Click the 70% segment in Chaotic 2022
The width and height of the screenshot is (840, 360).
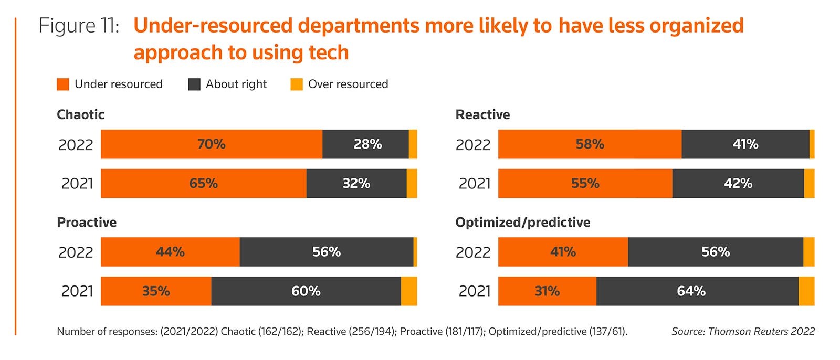click(x=212, y=144)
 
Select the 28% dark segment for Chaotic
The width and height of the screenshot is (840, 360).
click(x=365, y=144)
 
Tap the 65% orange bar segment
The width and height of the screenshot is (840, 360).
click(x=204, y=183)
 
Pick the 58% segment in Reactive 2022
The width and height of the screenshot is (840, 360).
click(x=590, y=144)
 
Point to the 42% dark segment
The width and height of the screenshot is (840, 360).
click(x=738, y=183)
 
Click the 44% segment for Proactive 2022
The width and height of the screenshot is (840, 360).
click(x=170, y=251)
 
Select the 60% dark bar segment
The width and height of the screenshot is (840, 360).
click(x=306, y=291)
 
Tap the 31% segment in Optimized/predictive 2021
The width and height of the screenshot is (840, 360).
click(x=547, y=291)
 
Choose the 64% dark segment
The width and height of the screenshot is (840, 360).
click(x=698, y=291)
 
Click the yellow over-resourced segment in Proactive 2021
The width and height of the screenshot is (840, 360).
click(x=409, y=291)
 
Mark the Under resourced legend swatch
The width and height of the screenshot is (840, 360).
click(x=63, y=84)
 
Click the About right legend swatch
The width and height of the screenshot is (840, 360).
click(x=194, y=84)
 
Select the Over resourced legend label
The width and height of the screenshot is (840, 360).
click(x=348, y=84)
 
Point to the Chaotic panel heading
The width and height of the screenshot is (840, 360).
click(x=81, y=114)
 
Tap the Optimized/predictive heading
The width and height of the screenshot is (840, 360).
click(x=523, y=223)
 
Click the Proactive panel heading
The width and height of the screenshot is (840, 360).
click(x=87, y=223)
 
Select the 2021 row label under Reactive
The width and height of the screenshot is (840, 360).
click(x=475, y=183)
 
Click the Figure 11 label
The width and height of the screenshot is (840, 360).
click(x=79, y=26)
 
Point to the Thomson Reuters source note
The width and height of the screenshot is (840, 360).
click(x=743, y=332)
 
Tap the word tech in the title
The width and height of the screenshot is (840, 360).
click(x=329, y=52)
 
